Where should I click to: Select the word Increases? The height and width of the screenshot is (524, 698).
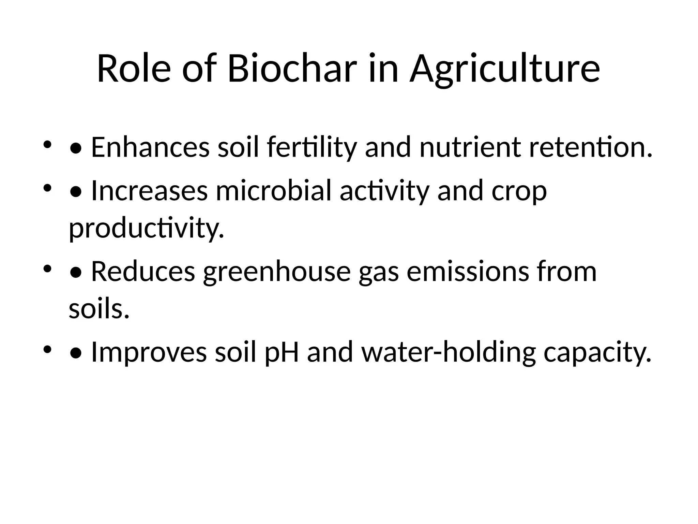coord(149,191)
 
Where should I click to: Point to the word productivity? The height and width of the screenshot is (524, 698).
coord(147,229)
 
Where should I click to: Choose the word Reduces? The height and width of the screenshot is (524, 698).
coord(143,272)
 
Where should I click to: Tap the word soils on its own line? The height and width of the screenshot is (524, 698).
coord(99,309)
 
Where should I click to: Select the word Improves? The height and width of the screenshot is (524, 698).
coord(149,352)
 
